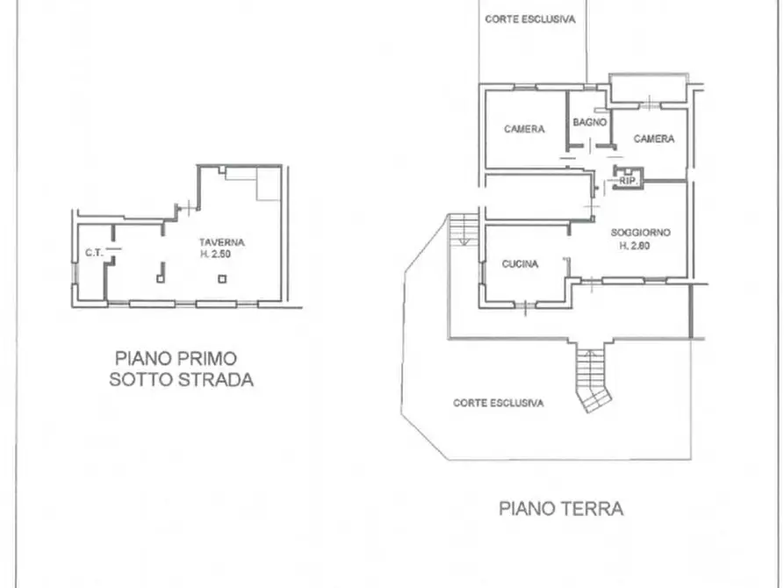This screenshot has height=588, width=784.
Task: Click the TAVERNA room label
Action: click(x=221, y=242)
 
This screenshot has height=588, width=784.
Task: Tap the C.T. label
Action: click(x=94, y=254)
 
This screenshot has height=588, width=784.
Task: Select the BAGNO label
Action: click(x=590, y=123)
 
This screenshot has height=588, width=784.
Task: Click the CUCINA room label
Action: click(x=521, y=263)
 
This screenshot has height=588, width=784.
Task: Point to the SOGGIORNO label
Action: click(x=641, y=233)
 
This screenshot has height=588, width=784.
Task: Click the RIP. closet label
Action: click(x=628, y=181)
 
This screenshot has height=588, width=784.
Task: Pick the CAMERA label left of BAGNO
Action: click(x=524, y=129)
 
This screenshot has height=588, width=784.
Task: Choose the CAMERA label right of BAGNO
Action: click(x=654, y=139)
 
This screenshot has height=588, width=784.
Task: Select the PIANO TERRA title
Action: click(x=562, y=508)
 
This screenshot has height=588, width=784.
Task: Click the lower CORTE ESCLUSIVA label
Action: click(x=498, y=403)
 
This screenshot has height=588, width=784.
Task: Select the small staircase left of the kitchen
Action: click(x=461, y=230)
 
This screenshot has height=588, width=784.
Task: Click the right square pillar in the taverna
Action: click(x=222, y=279)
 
